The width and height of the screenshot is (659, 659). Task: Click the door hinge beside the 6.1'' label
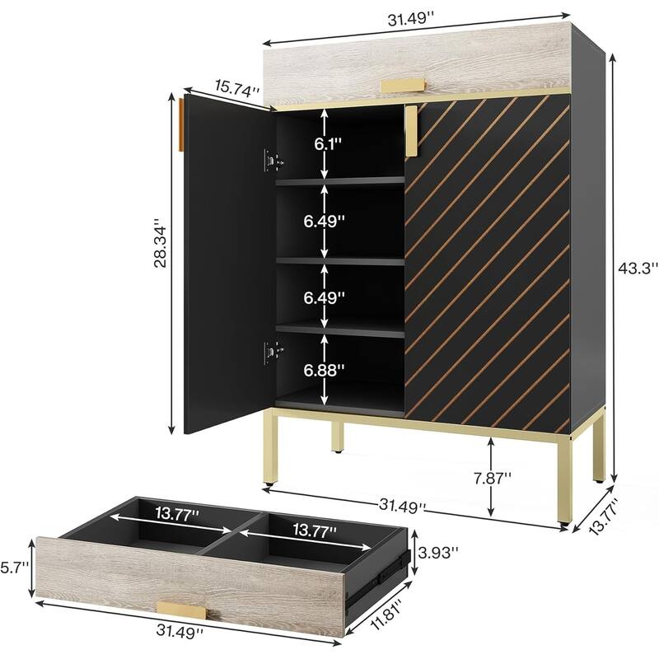click(269, 161)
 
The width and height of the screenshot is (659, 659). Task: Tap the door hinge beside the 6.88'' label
click(269, 353)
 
